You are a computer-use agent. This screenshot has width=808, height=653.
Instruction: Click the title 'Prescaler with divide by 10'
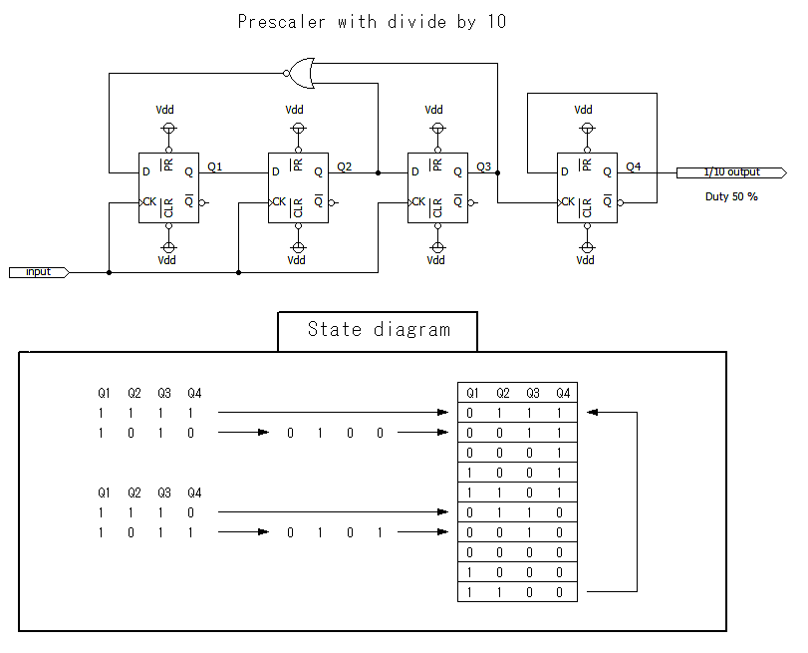point(372,22)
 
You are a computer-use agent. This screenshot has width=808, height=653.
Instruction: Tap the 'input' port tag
point(39,271)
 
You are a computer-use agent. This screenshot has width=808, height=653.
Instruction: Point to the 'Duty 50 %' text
point(730,196)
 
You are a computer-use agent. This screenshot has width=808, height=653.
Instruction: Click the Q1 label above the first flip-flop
point(216,165)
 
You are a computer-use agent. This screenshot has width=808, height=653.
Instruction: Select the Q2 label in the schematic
point(344,165)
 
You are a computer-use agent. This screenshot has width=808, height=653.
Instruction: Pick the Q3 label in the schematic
point(483,165)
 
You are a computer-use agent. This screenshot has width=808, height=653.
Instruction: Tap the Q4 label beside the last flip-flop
point(633,165)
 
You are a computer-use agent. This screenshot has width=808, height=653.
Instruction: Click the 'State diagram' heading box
point(378,330)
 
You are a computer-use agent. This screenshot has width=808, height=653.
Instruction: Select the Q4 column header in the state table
point(563,393)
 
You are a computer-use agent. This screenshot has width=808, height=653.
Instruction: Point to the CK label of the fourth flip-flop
point(567,202)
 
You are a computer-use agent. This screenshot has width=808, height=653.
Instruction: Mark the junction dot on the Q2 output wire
point(378,172)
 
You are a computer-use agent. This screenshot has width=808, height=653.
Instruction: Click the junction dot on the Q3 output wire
point(497,172)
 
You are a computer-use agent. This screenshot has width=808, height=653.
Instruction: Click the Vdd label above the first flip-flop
point(167,110)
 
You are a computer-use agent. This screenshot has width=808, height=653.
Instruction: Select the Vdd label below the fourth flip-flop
point(585,260)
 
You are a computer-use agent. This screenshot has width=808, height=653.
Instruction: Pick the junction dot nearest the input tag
point(109,271)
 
